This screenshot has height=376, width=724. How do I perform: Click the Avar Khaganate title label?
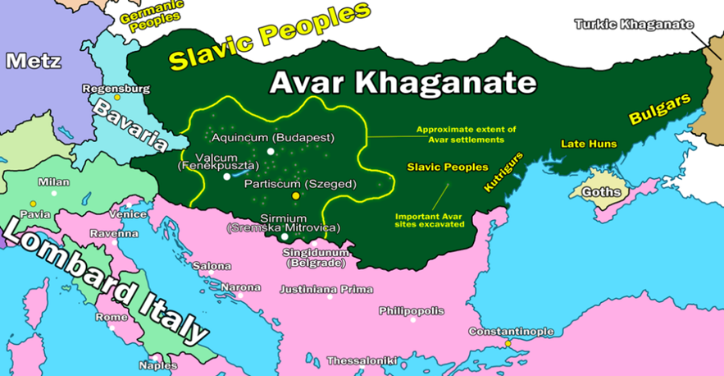(x=403, y=83)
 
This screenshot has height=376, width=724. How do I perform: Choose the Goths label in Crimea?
(x=596, y=192)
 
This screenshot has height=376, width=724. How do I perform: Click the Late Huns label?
(x=589, y=144)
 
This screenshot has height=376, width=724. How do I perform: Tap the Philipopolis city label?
(x=411, y=311)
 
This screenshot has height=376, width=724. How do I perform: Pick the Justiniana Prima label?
(x=326, y=289)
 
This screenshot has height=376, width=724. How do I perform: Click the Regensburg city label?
(x=116, y=88)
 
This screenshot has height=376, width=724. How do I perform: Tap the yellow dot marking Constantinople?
(x=508, y=343)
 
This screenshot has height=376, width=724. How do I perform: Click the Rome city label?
(x=112, y=317)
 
